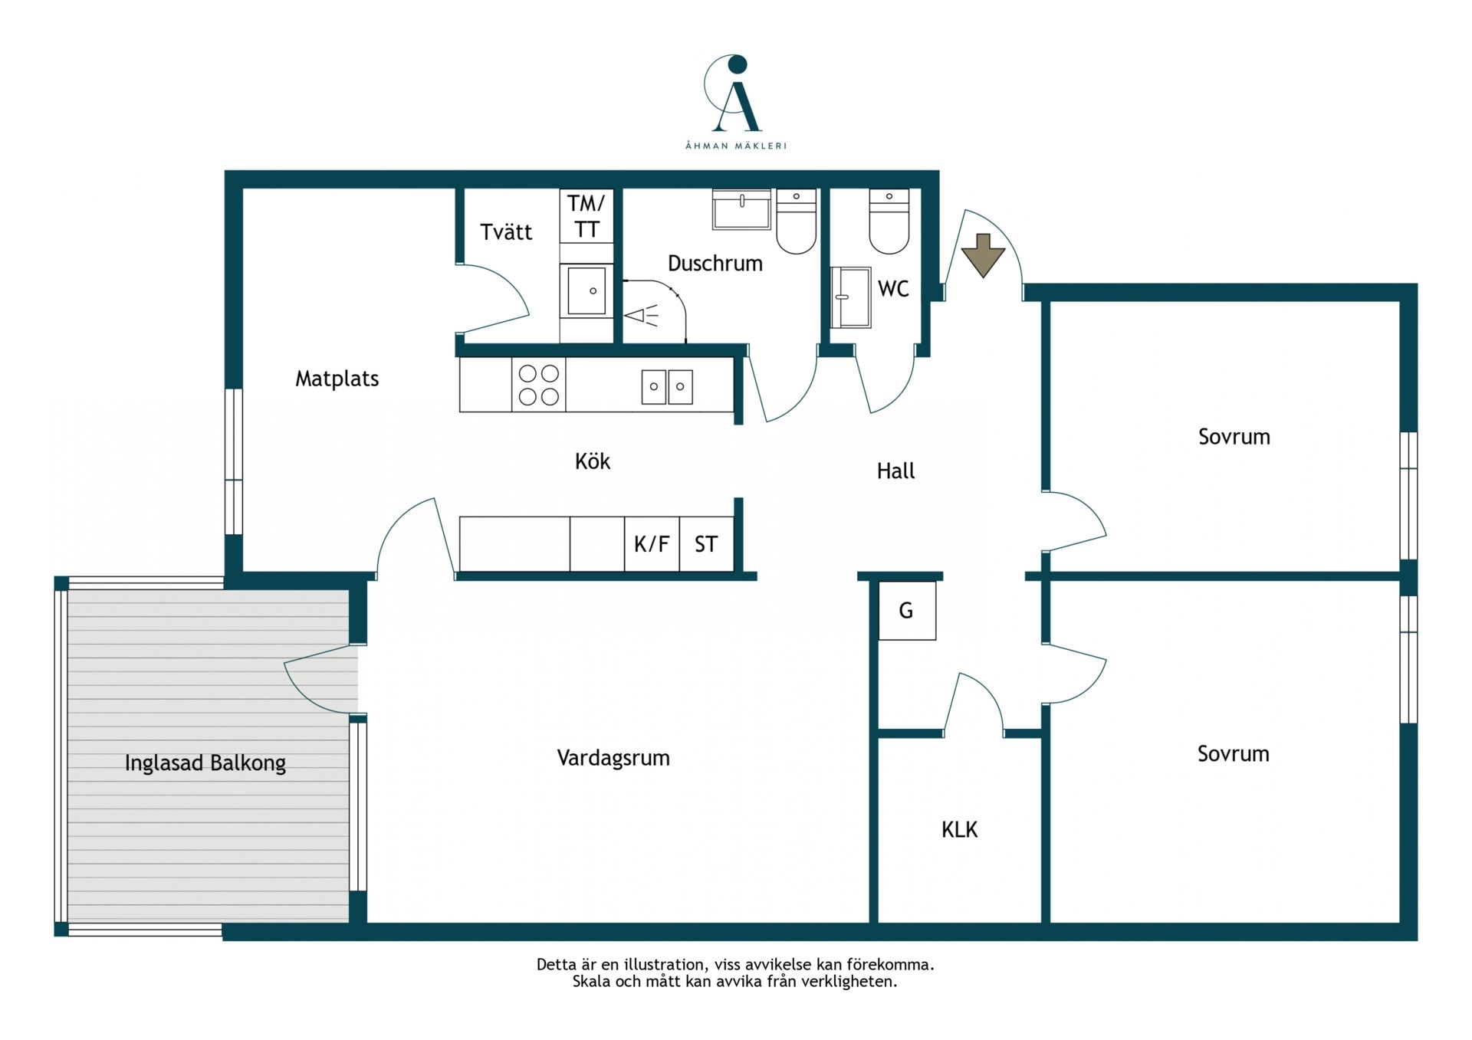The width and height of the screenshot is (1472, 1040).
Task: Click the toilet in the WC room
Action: click(x=889, y=221)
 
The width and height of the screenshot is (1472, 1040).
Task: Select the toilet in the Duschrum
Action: click(x=797, y=221)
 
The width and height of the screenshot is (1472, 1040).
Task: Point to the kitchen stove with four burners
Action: click(x=539, y=385)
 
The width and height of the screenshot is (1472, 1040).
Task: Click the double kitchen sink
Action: click(x=667, y=386)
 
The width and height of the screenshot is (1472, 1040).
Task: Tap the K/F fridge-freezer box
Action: click(x=652, y=544)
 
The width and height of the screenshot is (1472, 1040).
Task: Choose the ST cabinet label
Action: click(x=706, y=544)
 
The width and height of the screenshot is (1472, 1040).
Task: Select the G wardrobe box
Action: click(x=907, y=611)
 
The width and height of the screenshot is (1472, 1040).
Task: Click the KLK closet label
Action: click(x=959, y=829)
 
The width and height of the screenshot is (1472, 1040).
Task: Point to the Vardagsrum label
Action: click(x=613, y=758)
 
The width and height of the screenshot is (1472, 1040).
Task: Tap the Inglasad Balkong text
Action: click(x=205, y=763)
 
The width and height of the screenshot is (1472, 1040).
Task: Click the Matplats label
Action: click(x=337, y=379)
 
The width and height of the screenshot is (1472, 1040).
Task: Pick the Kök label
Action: click(x=593, y=461)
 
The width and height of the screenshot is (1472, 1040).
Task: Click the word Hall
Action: click(x=895, y=471)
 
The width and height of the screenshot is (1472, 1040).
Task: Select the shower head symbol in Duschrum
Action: click(x=642, y=315)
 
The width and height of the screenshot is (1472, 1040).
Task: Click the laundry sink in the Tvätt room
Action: click(x=586, y=291)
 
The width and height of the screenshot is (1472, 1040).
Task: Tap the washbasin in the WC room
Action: click(x=851, y=297)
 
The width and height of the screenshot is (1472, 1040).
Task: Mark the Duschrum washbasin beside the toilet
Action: click(x=741, y=209)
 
